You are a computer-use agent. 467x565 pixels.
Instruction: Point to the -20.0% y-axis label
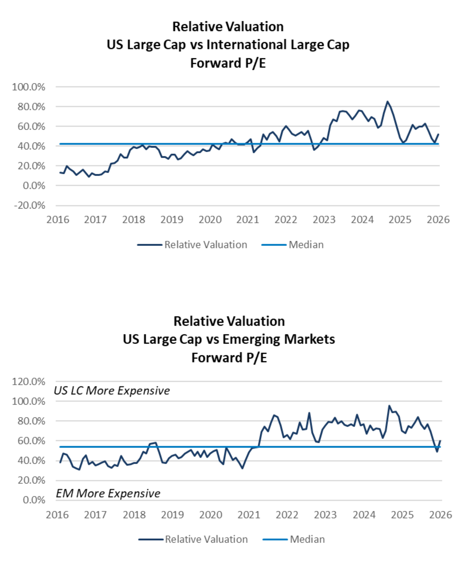[30, 206]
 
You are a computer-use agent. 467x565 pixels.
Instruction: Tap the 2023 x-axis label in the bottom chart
[325, 515]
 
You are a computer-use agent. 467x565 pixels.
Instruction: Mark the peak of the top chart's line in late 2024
[387, 102]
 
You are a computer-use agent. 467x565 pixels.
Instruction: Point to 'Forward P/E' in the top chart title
[228, 63]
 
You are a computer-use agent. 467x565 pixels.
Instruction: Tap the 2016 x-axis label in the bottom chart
[57, 515]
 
